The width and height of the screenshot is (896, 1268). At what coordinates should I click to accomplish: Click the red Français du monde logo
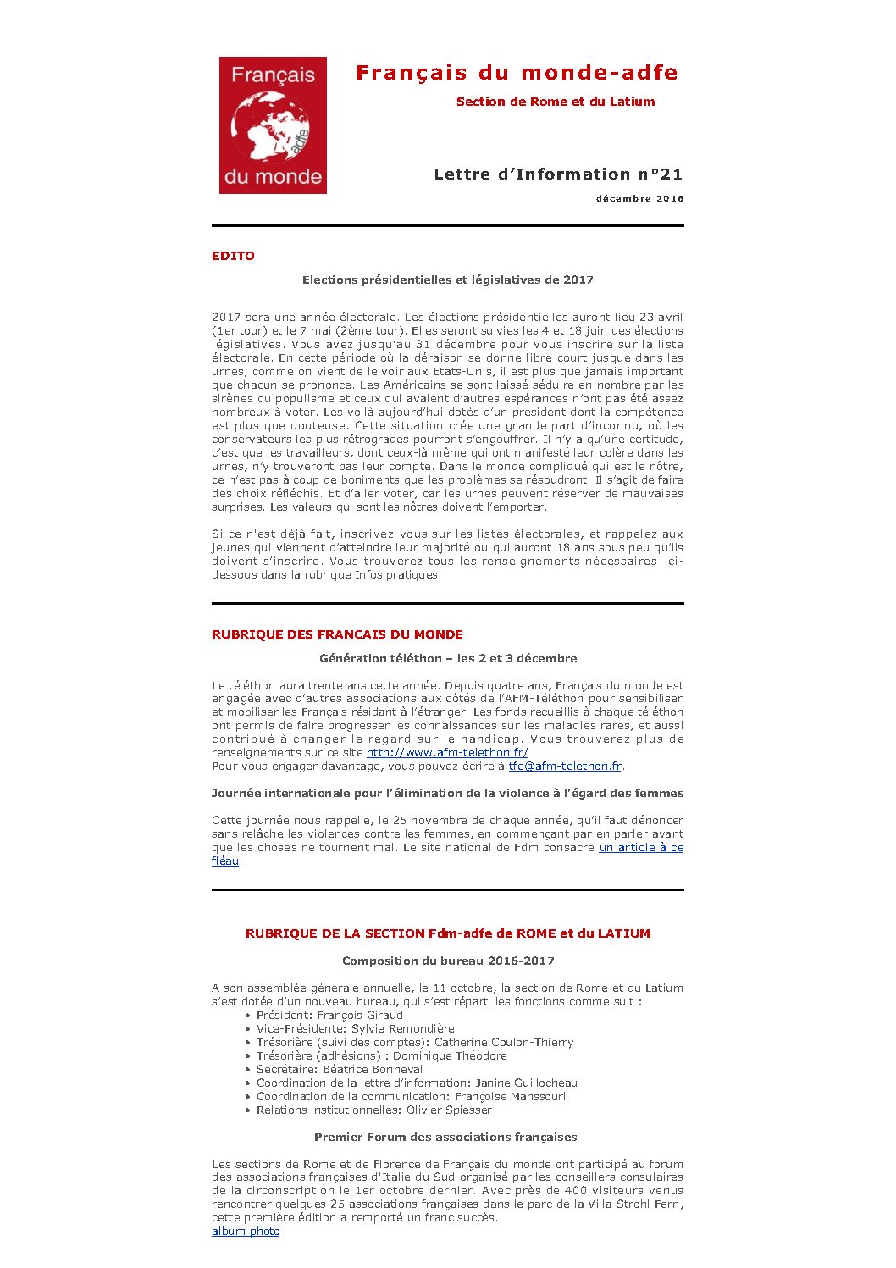coord(273,125)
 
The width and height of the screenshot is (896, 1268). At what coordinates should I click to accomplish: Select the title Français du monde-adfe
coord(517,73)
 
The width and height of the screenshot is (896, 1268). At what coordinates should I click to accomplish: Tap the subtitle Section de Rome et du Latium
coord(555,102)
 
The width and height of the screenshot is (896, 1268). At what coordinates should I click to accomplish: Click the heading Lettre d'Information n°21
coord(557,174)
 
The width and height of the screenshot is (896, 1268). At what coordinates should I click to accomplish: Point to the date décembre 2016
coord(639,199)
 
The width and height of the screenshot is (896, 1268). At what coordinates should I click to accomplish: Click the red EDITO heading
coord(233,256)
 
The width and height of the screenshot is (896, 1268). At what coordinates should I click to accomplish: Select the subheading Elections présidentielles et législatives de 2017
coord(447,280)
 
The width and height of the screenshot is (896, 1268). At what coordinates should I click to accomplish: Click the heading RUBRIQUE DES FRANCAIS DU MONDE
coord(337,634)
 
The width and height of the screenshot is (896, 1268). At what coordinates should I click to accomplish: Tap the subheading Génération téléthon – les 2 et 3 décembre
coord(448,658)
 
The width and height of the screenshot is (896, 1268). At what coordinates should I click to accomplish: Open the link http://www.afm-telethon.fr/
coord(447,752)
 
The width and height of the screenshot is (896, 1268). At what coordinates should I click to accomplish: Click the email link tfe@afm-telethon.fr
coord(565,766)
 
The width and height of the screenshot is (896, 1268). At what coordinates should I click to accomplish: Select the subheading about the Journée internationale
coord(447,793)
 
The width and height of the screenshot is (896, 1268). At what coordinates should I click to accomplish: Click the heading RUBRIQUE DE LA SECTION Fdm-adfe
coord(447,933)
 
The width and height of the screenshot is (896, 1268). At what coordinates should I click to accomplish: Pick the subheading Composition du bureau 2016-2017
coord(448,961)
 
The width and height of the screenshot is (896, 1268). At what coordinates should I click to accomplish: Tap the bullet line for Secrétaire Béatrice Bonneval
coord(340,1069)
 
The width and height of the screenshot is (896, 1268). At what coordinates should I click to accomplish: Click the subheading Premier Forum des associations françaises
coord(445,1137)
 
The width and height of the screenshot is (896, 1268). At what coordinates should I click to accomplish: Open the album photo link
coord(246,1231)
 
